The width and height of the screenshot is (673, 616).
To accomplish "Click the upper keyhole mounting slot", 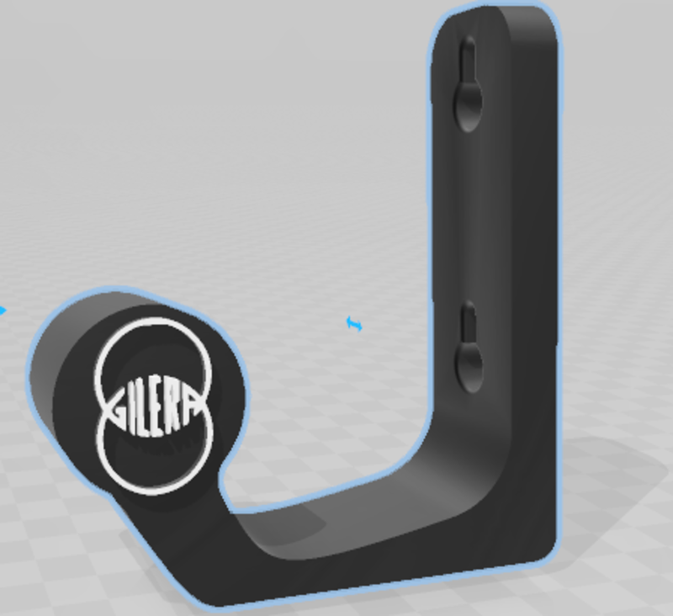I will coord(469,84).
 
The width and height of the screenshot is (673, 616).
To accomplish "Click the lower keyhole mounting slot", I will coord(469,349).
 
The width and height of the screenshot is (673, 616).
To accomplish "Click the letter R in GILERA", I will coord(178,412).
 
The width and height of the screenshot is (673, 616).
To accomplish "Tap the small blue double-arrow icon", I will coord(355,323).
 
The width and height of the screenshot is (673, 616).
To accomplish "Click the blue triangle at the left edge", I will coord(3,311).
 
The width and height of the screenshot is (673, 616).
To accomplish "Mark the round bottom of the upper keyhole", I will coord(469,105).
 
